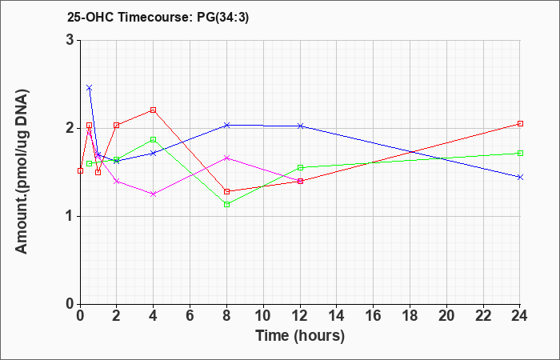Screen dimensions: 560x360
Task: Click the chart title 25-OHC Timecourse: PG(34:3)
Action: (x=158, y=18)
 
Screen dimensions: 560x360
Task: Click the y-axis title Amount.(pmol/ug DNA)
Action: (x=22, y=171)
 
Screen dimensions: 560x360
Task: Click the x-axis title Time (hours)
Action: (x=300, y=336)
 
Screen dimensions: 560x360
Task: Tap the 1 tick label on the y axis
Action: (x=70, y=217)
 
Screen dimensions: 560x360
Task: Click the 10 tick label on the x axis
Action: (x=263, y=316)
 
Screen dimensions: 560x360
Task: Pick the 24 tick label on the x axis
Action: (x=520, y=316)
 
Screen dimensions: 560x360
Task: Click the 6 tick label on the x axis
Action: (x=190, y=316)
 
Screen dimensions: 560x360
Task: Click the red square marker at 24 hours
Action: (x=520, y=123)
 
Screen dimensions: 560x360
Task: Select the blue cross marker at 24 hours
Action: (x=520, y=177)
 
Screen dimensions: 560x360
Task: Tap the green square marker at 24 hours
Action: (x=520, y=154)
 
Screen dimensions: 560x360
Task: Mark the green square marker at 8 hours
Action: (x=226, y=204)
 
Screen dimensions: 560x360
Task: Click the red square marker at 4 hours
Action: (x=154, y=110)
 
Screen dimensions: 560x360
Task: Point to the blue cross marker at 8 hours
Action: (x=226, y=125)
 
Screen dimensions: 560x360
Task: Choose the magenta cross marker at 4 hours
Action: (x=154, y=194)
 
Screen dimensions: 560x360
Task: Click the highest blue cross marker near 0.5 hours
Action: (x=90, y=87)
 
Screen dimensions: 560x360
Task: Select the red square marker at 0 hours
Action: (x=80, y=170)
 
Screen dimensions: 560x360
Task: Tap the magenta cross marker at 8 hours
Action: (x=226, y=158)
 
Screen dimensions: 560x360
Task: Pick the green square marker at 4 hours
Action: (x=154, y=140)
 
